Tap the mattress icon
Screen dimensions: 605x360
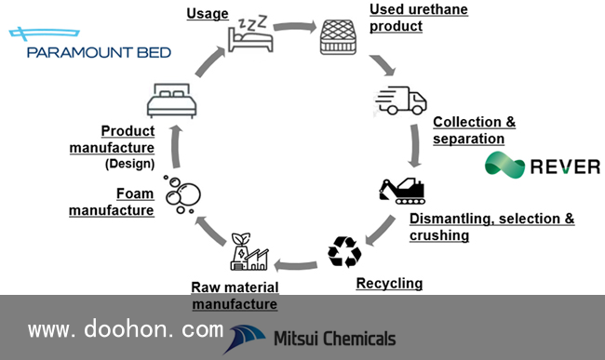tap(338, 36)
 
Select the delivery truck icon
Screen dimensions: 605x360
tap(401, 100)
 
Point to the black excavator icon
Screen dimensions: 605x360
tap(402, 191)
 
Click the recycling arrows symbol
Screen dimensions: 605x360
tap(344, 252)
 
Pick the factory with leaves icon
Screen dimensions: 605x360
tap(249, 251)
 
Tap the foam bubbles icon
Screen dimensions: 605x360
tap(182, 194)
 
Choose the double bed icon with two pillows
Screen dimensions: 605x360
tap(171, 100)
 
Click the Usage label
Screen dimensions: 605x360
tap(208, 14)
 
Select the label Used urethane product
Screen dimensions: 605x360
tap(419, 18)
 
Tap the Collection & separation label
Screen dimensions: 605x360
tap(474, 130)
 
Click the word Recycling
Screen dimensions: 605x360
tap(389, 284)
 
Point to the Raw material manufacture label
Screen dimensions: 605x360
tap(235, 296)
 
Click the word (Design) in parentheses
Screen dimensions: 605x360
tap(130, 164)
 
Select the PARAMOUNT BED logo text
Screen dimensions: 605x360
tap(99, 52)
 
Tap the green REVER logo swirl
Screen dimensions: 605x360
tap(504, 165)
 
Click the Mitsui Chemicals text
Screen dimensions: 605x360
tap(334, 339)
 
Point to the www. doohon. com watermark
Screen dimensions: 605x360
tap(126, 329)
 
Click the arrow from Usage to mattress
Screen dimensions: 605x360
tap(295, 27)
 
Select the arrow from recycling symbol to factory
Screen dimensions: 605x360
tap(296, 265)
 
